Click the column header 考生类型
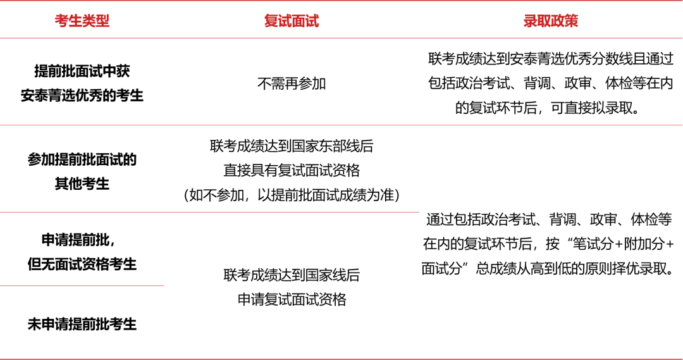click(82, 21)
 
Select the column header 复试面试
click(292, 21)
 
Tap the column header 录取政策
click(551, 21)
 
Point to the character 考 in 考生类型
click(61, 21)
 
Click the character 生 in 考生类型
click(75, 21)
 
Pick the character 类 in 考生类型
click(89, 21)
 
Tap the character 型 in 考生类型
click(103, 21)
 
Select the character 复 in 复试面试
click(271, 21)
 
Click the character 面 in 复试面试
click(298, 21)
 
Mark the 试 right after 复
click(285, 21)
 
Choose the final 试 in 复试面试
click(312, 21)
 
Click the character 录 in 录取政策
click(530, 21)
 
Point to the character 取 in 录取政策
click(544, 21)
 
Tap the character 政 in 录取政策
click(558, 21)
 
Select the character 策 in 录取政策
click(572, 21)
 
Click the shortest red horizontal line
click(82, 286)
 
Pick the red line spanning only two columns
click(209, 212)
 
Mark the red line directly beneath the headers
click(341, 38)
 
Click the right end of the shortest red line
click(164, 286)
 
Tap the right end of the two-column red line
click(418, 212)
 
